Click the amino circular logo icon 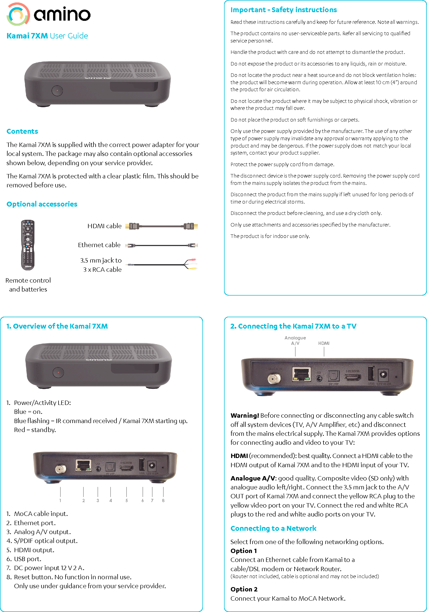pos(18,14)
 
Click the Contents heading pos(22,131)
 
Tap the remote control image pos(28,245)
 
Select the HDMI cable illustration pos(161,226)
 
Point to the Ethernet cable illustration pos(161,245)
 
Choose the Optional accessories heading pos(42,204)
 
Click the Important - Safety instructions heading pos(283,10)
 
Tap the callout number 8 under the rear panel pos(163,500)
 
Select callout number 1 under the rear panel pos(60,500)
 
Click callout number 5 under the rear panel pos(127,500)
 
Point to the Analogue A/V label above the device pos(295,341)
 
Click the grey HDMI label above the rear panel pos(324,343)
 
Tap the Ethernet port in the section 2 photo pos(301,375)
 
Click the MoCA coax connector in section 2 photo pos(274,378)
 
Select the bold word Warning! pos(245,415)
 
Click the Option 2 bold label pos(244,589)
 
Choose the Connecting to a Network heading pos(273,528)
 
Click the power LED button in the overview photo pos(58,372)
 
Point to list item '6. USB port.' pos(24,559)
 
